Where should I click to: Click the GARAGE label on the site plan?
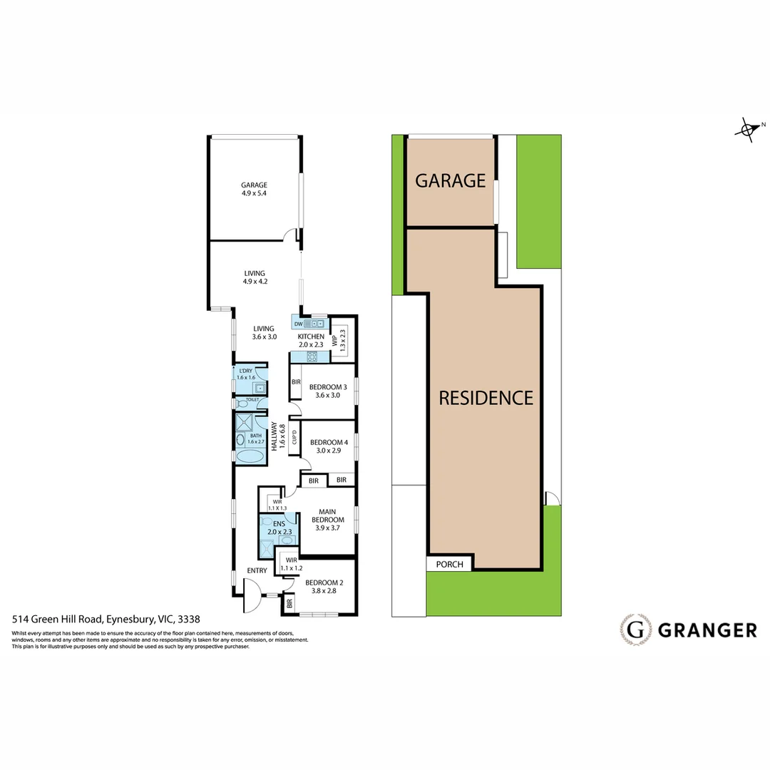pos(450,180)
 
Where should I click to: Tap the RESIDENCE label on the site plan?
pos(486,398)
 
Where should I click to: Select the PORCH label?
pos(450,565)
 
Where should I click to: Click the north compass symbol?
pos(746,130)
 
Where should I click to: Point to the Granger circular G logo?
pos(636,630)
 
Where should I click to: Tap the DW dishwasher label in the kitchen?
pos(299,324)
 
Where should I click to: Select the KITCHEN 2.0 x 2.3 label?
pos(311,340)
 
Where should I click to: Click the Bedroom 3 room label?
pos(327,391)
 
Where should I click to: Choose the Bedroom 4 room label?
pos(327,446)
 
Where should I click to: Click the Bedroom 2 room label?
pos(324,586)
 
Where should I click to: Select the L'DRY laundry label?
pos(246,374)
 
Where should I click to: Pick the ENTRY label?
pos(257,570)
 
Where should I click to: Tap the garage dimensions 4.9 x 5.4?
pos(254,193)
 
